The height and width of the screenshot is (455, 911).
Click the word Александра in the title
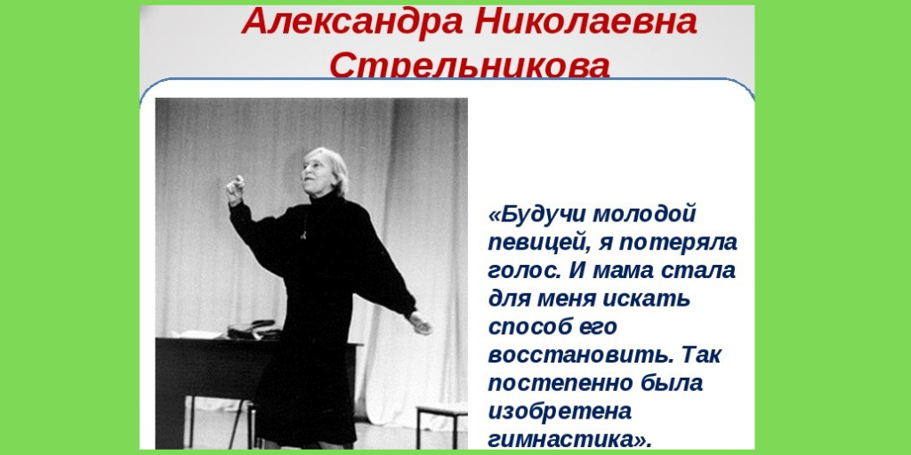click(x=351, y=22)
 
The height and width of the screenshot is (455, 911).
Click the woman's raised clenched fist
click(x=235, y=188)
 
